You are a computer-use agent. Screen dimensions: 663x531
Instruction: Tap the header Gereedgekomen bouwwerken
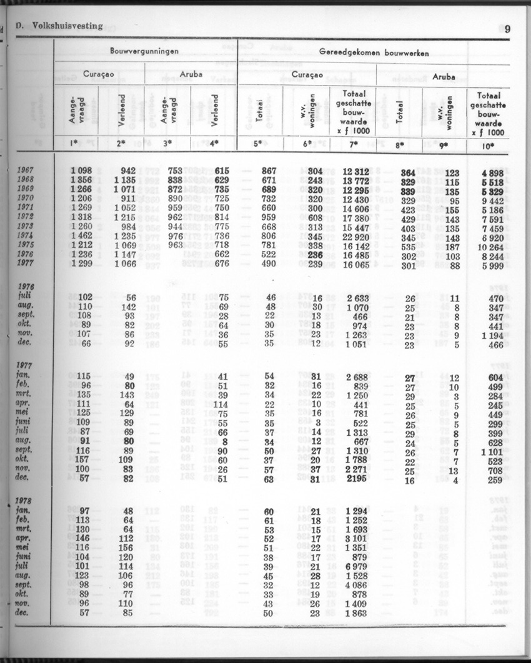pyautogui.click(x=374, y=52)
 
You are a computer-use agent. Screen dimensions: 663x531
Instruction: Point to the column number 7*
pyautogui.click(x=354, y=145)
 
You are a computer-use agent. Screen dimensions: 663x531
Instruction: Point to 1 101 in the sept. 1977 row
pyautogui.click(x=490, y=452)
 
